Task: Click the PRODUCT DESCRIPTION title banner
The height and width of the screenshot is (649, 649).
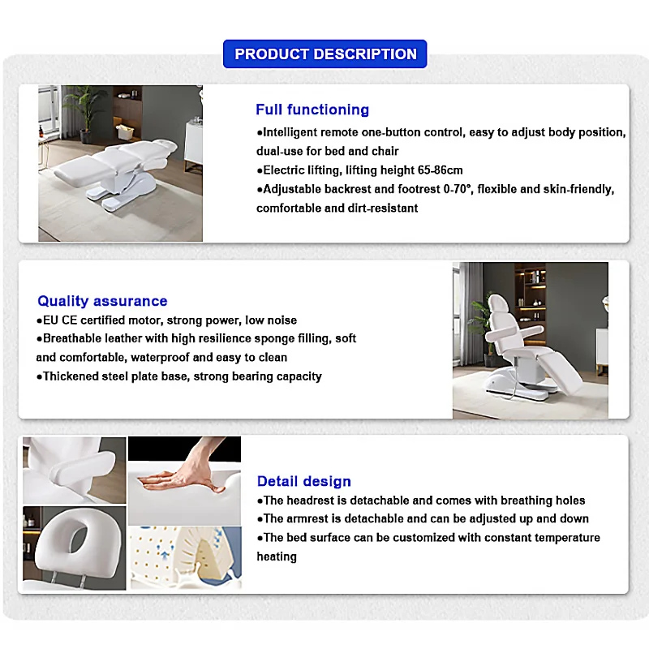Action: click(x=325, y=54)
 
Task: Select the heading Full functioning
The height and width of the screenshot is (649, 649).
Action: click(x=312, y=110)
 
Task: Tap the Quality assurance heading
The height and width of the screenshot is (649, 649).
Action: click(x=102, y=301)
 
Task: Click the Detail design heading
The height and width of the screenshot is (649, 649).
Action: click(x=304, y=482)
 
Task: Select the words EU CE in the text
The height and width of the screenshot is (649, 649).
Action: click(x=62, y=320)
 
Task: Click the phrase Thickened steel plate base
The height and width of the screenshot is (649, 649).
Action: click(x=113, y=376)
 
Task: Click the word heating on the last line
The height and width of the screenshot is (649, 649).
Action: click(x=277, y=557)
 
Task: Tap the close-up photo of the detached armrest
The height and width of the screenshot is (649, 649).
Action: click(x=74, y=470)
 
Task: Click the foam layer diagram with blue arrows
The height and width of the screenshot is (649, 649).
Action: click(x=185, y=558)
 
